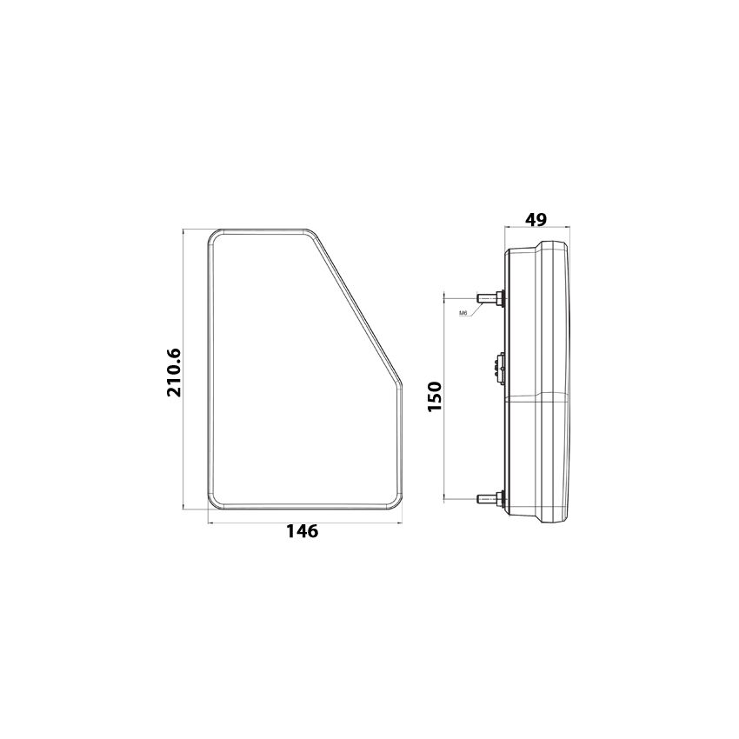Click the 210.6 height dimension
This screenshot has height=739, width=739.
[173, 372]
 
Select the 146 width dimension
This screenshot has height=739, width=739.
[302, 531]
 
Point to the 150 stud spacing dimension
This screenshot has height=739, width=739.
[435, 396]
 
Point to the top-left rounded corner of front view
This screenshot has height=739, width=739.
[213, 236]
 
